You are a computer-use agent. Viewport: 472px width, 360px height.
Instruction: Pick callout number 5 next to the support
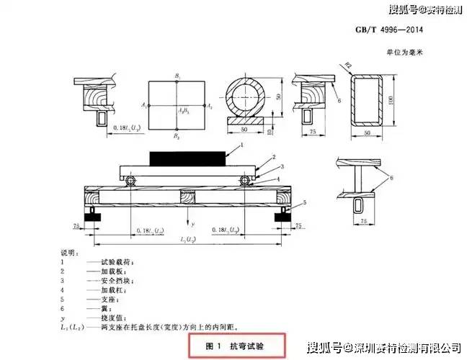(305, 204)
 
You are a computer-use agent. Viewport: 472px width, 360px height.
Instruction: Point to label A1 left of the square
(144, 105)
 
